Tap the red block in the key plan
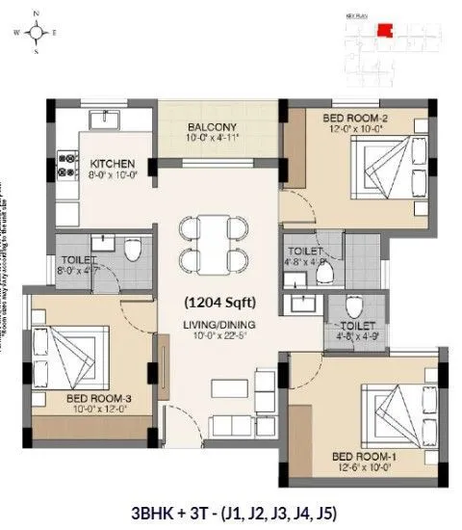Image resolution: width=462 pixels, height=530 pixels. click(x=384, y=30)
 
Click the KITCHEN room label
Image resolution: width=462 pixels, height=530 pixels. click(x=113, y=164)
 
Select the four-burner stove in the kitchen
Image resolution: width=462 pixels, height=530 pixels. click(x=66, y=163)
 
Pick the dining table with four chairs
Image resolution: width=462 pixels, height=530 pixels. click(x=212, y=242)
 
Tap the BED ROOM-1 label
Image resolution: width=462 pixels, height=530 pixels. click(x=360, y=455)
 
